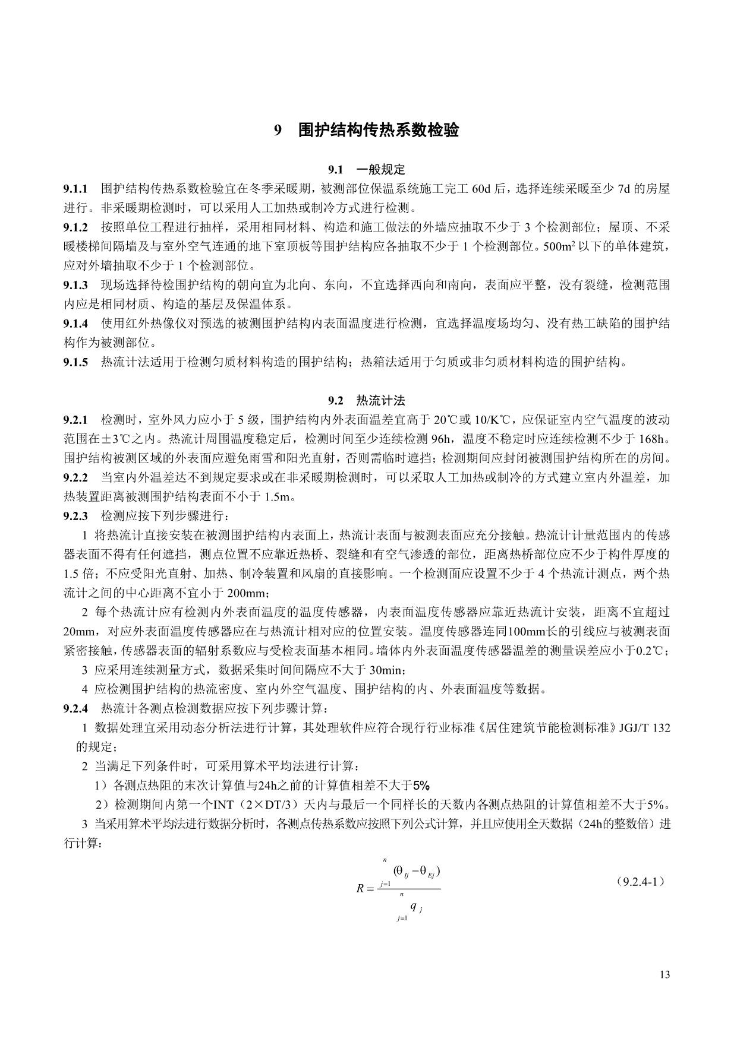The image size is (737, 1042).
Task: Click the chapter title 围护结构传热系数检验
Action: click(x=378, y=130)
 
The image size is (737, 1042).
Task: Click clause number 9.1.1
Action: click(x=75, y=189)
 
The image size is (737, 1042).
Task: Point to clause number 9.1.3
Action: click(x=75, y=285)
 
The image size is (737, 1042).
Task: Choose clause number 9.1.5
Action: click(x=75, y=362)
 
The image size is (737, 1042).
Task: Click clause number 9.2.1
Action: click(x=75, y=420)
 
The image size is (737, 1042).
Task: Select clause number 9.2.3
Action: click(x=75, y=516)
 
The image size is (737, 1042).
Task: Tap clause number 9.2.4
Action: click(x=75, y=708)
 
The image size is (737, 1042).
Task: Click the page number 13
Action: click(x=664, y=974)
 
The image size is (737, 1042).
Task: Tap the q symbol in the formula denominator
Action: click(x=413, y=906)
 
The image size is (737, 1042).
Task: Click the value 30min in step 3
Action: click(x=388, y=670)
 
